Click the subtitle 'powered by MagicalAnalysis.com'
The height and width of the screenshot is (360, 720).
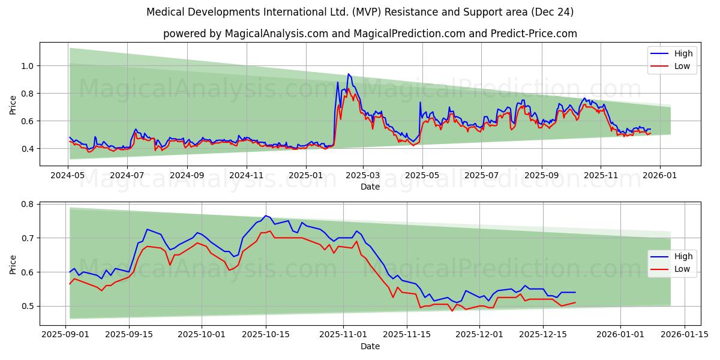tap(370, 34)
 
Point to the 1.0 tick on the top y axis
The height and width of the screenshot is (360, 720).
tap(28, 66)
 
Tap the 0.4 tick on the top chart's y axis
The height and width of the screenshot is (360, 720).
tap(28, 149)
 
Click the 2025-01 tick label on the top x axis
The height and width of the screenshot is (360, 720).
tap(306, 175)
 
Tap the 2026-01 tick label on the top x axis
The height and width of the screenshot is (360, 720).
tap(660, 175)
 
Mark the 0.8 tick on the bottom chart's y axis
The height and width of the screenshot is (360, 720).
tap(28, 204)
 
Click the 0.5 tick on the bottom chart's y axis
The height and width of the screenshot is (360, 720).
tap(28, 306)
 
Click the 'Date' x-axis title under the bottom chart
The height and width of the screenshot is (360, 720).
tap(370, 346)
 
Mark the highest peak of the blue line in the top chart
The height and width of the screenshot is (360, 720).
tap(348, 74)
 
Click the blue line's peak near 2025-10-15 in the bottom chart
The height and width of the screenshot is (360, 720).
tap(265, 215)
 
